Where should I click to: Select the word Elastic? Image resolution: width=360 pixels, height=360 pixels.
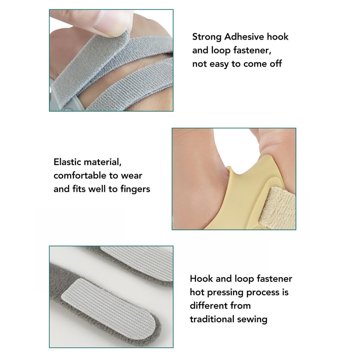click(x=67, y=162)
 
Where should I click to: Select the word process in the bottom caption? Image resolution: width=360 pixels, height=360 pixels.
click(x=264, y=292)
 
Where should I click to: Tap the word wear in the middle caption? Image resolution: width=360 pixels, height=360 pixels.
click(x=131, y=175)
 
